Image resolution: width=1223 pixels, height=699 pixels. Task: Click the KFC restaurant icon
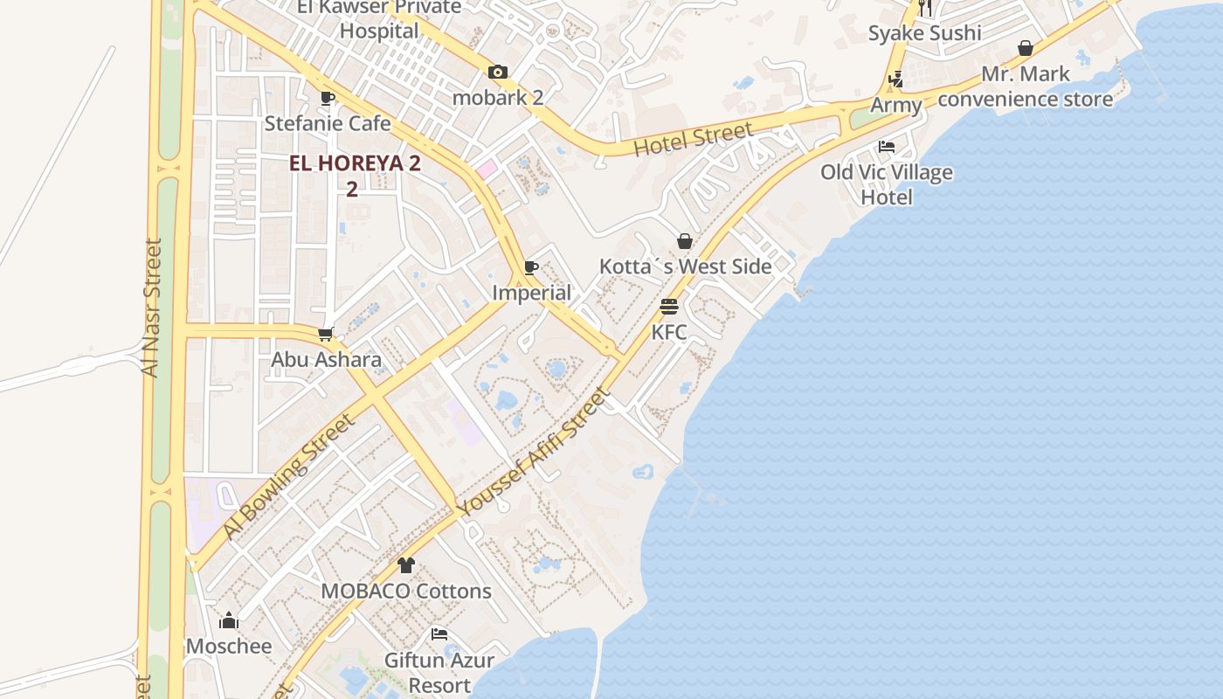[669, 307]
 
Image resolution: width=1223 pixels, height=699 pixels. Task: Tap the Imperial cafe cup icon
[531, 267]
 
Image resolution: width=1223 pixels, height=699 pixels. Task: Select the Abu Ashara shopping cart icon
[326, 334]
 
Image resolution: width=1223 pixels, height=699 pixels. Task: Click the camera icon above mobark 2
[498, 73]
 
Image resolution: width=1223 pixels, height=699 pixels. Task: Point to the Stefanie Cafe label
[328, 123]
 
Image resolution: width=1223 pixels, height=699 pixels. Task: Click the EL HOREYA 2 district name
[356, 163]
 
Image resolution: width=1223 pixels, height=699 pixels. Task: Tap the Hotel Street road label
[693, 140]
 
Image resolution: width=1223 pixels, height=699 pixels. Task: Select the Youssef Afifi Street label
[535, 453]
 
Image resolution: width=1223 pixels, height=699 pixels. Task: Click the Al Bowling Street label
[288, 476]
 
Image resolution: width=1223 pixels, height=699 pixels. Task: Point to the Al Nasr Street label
[152, 308]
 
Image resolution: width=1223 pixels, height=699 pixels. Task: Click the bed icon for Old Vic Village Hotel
[887, 147]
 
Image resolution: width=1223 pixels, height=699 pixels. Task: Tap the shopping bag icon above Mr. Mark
[1026, 48]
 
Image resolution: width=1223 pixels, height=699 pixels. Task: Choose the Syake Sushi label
[924, 33]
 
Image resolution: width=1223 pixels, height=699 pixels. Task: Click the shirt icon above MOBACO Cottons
[405, 565]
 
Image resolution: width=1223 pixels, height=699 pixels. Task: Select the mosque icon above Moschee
[229, 620]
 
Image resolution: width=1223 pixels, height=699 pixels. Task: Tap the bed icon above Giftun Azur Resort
[439, 633]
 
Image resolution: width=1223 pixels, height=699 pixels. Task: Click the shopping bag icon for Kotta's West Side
[685, 241]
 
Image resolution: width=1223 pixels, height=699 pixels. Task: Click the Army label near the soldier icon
[896, 106]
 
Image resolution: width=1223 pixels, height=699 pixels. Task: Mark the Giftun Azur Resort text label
[439, 673]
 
